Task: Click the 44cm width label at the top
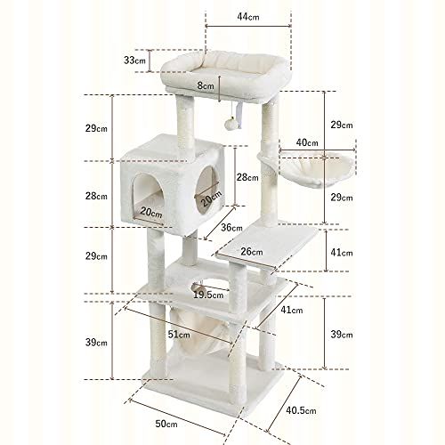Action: [x=248, y=17]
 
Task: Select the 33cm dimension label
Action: [x=134, y=61]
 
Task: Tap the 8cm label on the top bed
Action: [x=206, y=85]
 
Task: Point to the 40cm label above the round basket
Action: [x=307, y=142]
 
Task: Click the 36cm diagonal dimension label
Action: [x=231, y=228]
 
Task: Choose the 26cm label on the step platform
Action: [x=252, y=252]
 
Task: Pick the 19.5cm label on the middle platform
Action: [x=208, y=295]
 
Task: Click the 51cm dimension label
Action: [x=179, y=335]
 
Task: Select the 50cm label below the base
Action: [x=166, y=424]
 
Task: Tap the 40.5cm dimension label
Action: [x=301, y=410]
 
